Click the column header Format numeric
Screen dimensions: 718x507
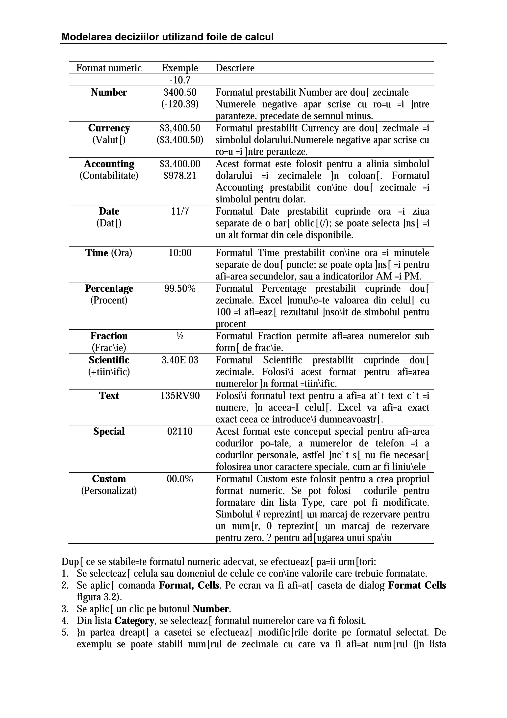point(109,68)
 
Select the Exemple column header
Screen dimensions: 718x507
point(180,68)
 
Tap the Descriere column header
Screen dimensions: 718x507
point(235,68)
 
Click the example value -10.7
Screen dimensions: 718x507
point(180,80)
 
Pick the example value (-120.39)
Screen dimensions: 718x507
point(180,104)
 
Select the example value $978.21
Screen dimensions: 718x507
point(180,175)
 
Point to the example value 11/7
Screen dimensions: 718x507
point(180,211)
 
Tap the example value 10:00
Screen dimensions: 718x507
point(180,253)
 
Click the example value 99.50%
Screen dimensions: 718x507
point(180,288)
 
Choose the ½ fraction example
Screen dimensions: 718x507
point(180,336)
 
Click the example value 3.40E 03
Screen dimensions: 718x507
point(180,360)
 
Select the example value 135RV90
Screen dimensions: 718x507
point(180,396)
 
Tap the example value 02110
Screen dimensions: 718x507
point(180,431)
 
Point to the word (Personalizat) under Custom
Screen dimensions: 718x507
point(109,491)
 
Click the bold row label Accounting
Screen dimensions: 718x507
point(109,164)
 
